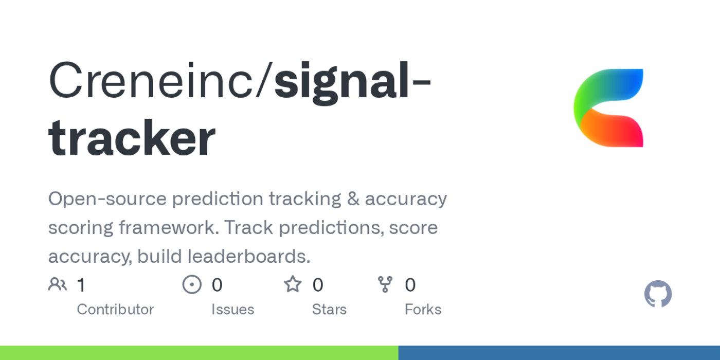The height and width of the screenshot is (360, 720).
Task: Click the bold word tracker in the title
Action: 132,138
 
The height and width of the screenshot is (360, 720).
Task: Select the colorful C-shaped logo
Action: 608,108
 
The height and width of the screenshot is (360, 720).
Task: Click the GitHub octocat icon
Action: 658,294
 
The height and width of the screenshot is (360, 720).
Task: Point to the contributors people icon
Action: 58,284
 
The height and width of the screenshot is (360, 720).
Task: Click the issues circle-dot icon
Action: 192,284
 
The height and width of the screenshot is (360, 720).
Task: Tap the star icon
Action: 293,284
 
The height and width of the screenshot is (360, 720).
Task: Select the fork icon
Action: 385,284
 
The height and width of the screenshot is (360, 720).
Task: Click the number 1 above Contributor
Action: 81,285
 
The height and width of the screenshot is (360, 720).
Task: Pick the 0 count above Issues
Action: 217,285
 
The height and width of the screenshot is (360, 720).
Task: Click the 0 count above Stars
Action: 318,285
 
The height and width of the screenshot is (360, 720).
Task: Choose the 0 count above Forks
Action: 410,285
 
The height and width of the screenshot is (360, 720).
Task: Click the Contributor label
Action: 115,310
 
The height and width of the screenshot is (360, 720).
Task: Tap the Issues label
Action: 232,310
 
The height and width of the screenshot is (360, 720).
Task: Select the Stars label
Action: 329,310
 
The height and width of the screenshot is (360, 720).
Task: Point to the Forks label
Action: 423,310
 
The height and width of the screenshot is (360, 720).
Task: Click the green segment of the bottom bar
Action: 199,353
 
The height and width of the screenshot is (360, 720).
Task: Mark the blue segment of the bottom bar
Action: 559,353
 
